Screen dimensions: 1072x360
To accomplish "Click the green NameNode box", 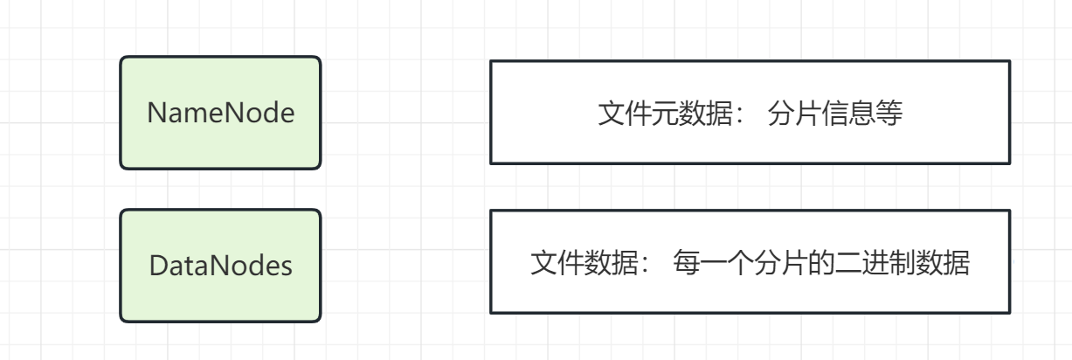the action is [220, 112].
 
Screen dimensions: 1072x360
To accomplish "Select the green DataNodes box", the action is [220, 265].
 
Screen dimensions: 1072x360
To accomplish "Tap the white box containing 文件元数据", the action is [750, 112].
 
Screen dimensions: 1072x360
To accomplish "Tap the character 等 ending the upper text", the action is [889, 114].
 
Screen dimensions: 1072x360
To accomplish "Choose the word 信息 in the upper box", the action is [847, 114].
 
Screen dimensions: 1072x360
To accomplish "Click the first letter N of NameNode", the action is [155, 113].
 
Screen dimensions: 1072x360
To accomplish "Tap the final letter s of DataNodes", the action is [286, 266].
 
